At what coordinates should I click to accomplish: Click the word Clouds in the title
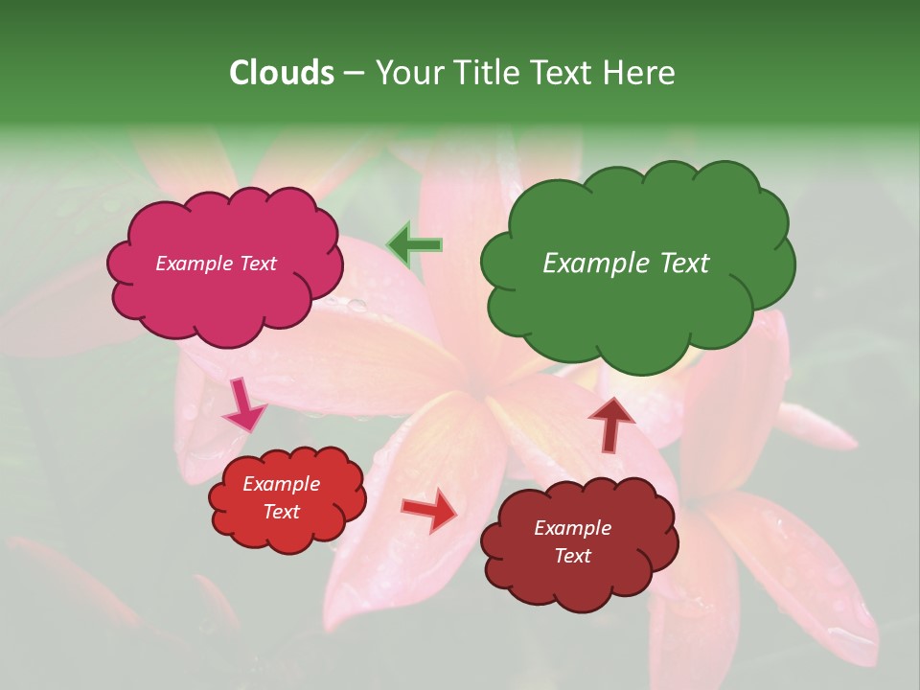click(x=281, y=73)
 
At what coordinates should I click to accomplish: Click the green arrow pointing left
click(x=414, y=245)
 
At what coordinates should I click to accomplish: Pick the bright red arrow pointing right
click(x=430, y=510)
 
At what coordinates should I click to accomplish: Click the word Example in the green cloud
click(x=589, y=264)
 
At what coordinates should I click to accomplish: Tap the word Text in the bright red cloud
click(x=282, y=512)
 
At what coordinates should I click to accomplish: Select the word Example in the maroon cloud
click(x=572, y=528)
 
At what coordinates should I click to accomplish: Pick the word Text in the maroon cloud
click(x=572, y=556)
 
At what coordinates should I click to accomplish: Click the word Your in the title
click(x=403, y=73)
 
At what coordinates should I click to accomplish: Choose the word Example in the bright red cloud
click(x=282, y=484)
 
